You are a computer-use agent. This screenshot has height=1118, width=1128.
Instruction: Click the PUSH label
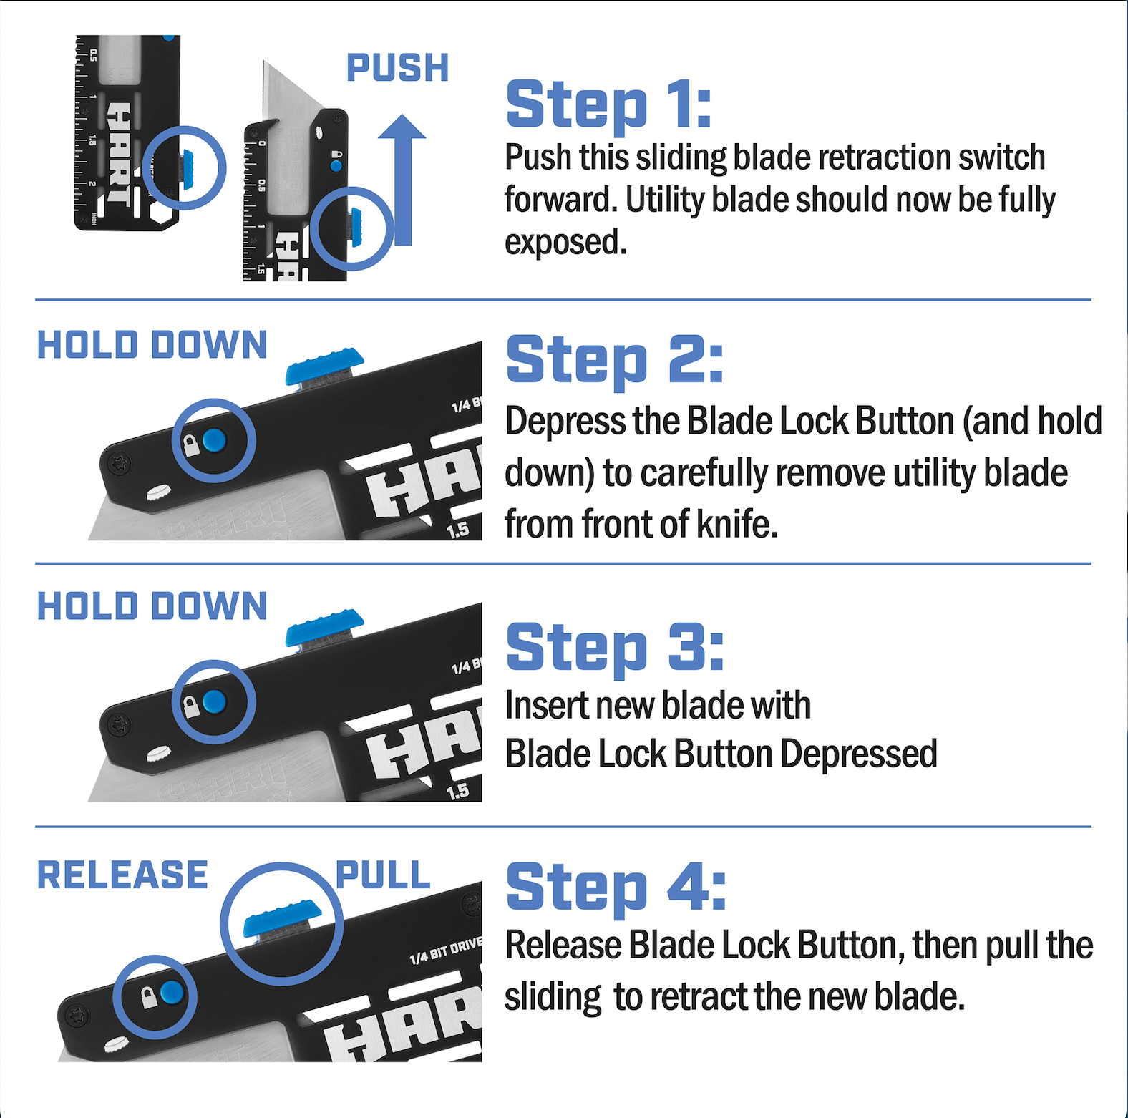(397, 69)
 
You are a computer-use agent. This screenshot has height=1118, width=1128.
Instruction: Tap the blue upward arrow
(402, 180)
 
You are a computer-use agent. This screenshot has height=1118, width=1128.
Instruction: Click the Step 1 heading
(609, 105)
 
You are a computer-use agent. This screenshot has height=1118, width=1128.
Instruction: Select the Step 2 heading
(615, 360)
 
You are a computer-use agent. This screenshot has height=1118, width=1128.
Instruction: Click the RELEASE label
(122, 875)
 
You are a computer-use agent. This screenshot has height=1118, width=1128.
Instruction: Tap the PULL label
(384, 875)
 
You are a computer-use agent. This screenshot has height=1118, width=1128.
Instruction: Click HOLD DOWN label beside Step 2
(152, 345)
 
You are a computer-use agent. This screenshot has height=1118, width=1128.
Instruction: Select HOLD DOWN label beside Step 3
(152, 606)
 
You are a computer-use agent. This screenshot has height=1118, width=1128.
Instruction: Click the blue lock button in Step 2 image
(214, 440)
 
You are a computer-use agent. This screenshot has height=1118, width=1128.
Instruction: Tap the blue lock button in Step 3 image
(214, 701)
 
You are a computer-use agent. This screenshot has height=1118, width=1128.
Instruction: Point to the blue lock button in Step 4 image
(172, 992)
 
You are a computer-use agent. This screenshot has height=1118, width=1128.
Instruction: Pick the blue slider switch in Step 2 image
(324, 365)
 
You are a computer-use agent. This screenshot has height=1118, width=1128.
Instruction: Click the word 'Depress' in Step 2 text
(565, 422)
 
